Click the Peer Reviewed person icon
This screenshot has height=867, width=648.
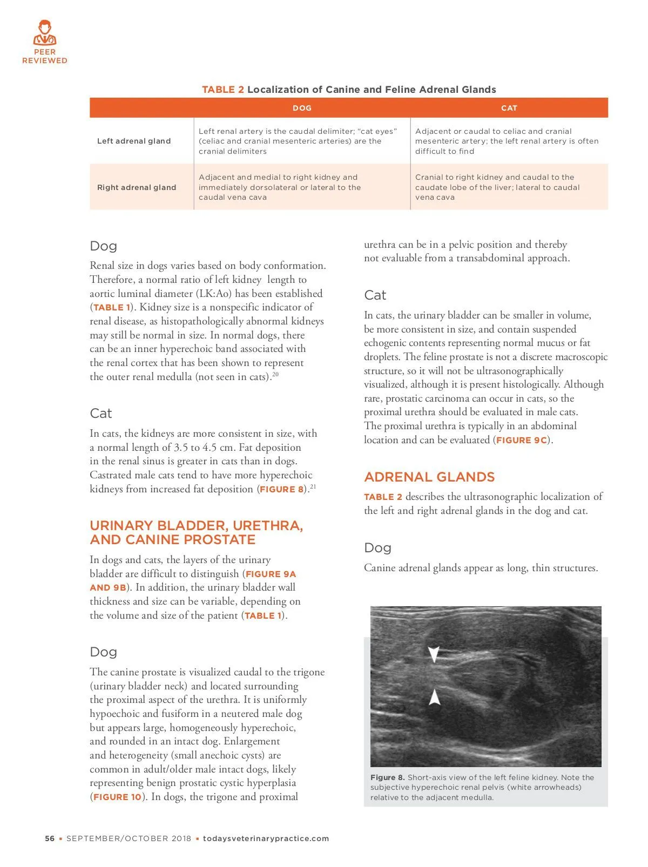(44, 33)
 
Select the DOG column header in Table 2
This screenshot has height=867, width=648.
(302, 108)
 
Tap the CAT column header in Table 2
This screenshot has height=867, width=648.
(509, 108)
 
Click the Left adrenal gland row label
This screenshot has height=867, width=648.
(134, 141)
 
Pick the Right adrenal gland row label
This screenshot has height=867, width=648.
(137, 187)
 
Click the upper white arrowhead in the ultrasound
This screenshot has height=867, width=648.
(433, 654)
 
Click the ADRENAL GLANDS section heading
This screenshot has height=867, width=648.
(429, 477)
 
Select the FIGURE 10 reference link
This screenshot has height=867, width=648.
(117, 797)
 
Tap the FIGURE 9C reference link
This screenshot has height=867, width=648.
(522, 440)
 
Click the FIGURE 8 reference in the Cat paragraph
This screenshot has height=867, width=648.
(282, 490)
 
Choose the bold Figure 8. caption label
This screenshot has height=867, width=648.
(387, 777)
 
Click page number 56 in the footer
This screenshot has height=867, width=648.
(50, 838)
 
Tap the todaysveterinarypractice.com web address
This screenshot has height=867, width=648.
(266, 838)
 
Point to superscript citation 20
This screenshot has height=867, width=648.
(275, 374)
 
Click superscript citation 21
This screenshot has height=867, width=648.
(313, 486)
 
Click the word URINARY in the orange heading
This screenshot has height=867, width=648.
(122, 526)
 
